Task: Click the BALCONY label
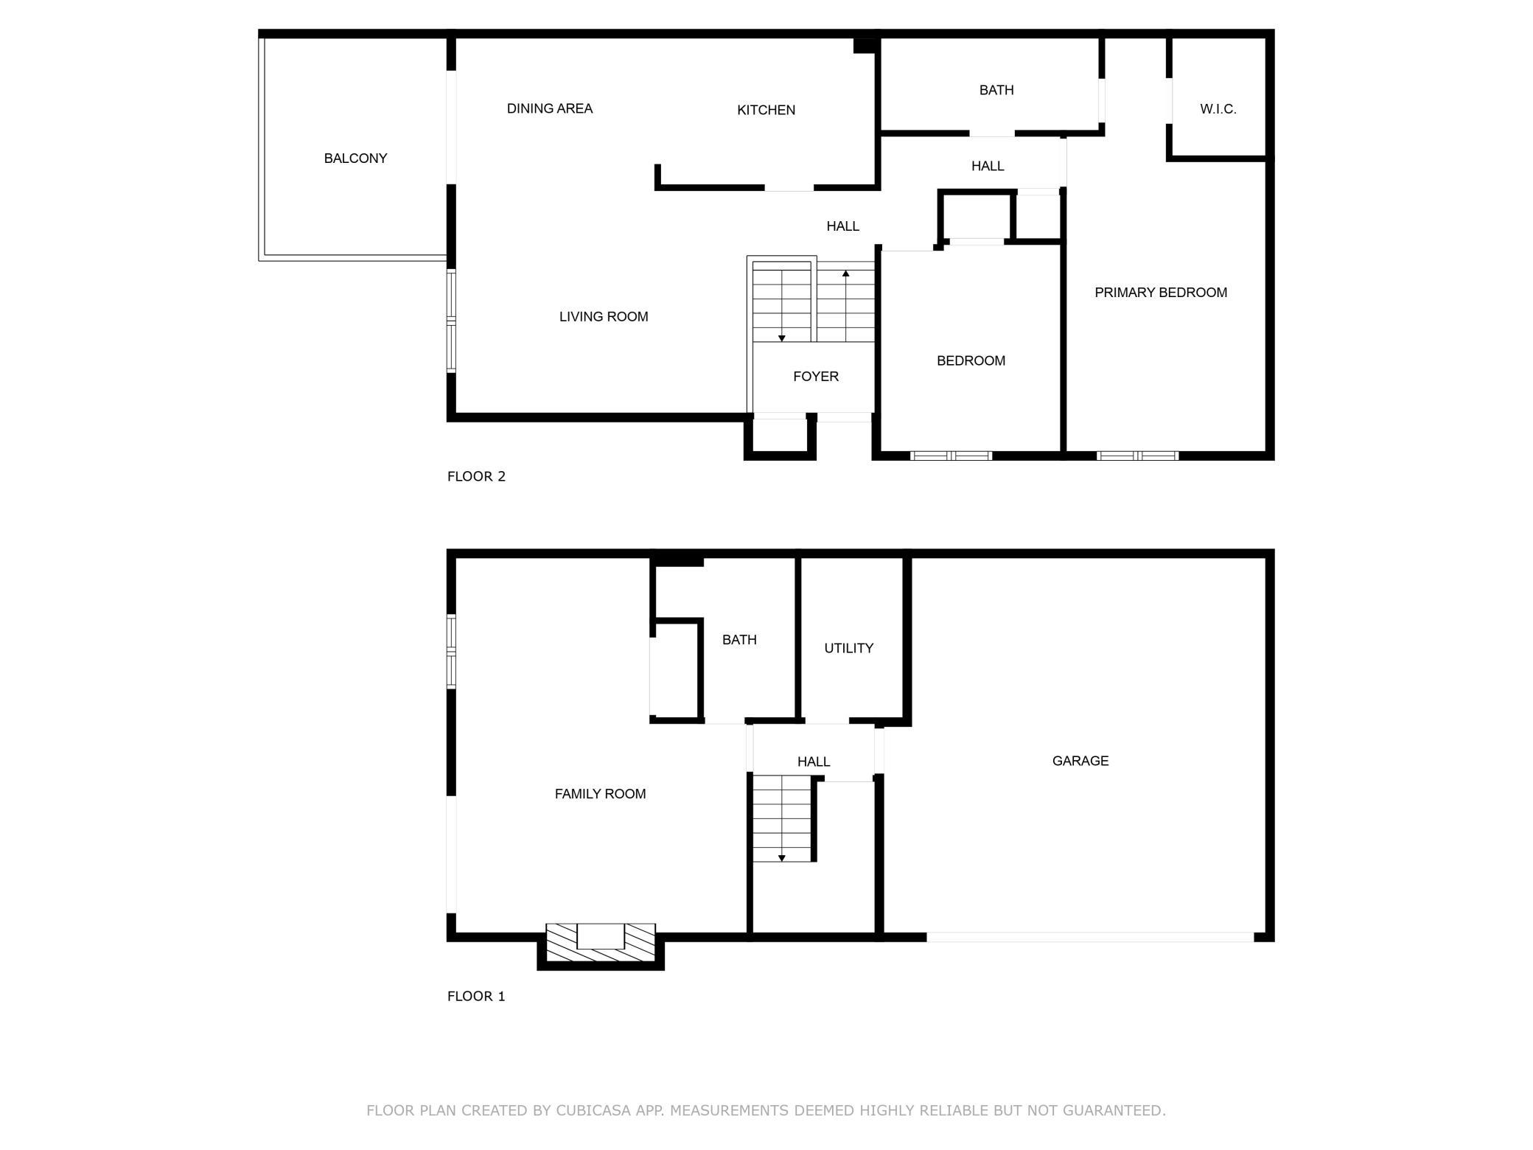click(355, 158)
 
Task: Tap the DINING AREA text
click(550, 108)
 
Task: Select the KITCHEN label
click(766, 110)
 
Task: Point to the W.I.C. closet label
click(1218, 109)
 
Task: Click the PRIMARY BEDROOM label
click(1161, 293)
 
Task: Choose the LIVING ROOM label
click(604, 317)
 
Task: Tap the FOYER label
click(816, 377)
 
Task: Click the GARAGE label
click(1080, 761)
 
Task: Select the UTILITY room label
click(848, 648)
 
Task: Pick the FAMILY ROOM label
click(600, 794)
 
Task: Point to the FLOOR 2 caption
click(476, 476)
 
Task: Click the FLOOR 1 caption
click(476, 996)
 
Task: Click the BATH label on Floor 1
click(739, 640)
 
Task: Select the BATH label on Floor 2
click(996, 90)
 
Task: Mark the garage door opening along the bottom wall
click(1090, 937)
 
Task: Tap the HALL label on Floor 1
click(814, 762)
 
